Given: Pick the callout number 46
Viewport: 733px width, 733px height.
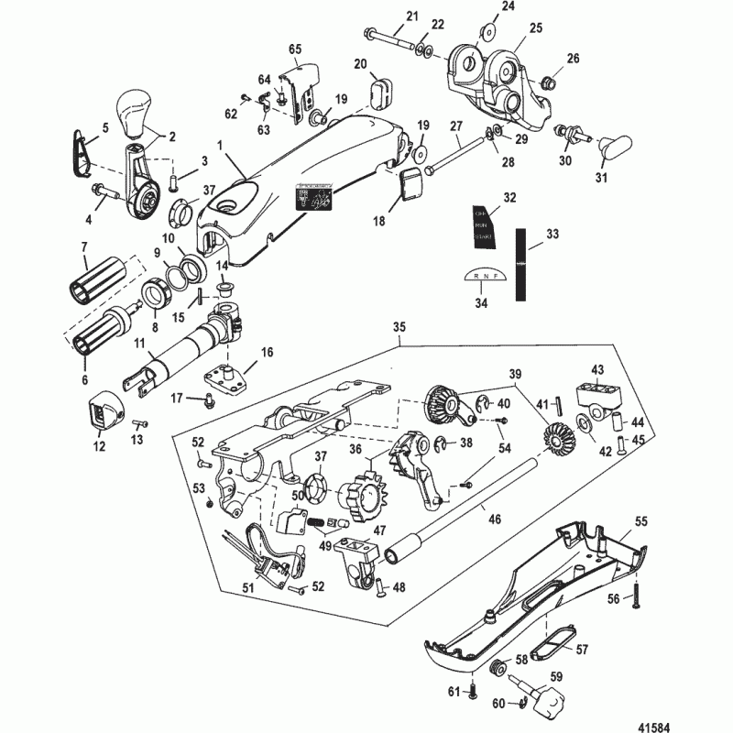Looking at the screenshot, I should point(495,519).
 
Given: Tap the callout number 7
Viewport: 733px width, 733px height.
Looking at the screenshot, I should point(84,247).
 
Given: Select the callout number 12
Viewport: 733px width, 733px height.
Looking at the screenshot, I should point(99,447).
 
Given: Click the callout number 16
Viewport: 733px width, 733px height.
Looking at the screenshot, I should point(268,351).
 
